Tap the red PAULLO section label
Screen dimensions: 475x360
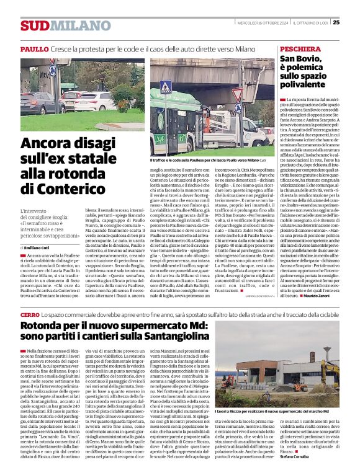click(x=35, y=48)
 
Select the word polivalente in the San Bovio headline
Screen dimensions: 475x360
click(x=307, y=83)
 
